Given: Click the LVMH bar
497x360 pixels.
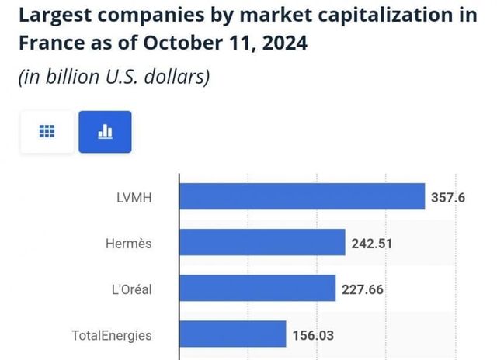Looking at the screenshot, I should click(302, 196).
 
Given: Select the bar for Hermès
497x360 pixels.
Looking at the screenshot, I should click(262, 243).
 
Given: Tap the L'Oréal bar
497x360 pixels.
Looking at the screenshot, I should click(257, 289).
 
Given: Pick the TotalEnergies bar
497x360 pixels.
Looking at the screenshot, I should click(232, 335).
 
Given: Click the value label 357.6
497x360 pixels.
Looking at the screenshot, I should click(448, 197).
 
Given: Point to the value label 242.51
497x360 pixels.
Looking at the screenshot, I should click(372, 244).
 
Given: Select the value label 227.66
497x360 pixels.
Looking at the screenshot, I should click(363, 290).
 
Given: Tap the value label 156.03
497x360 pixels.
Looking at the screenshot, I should click(313, 336).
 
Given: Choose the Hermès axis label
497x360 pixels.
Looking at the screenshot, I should click(127, 244).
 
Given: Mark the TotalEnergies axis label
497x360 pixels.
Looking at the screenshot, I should click(112, 336).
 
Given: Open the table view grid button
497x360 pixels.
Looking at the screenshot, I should click(47, 132).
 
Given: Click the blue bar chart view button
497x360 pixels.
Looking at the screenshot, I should click(105, 132).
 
